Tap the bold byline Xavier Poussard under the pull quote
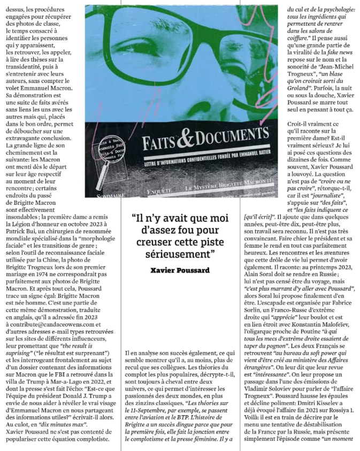pyautogui.click(x=180, y=271)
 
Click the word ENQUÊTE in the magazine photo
pyautogui.click(x=161, y=189)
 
